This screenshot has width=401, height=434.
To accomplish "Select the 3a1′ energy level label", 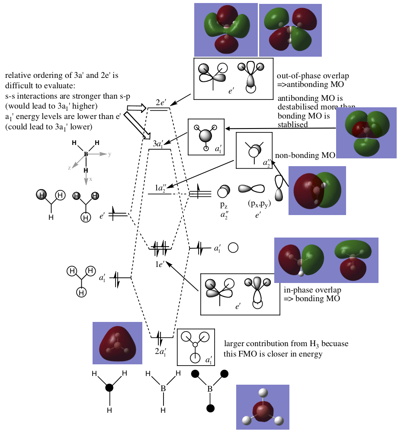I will (159, 144).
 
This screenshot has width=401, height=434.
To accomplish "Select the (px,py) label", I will (258, 203).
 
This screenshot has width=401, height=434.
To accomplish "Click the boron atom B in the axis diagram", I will (86, 154).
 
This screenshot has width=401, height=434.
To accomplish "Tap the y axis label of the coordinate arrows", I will (110, 154).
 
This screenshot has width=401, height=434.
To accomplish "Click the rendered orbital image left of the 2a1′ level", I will (117, 343).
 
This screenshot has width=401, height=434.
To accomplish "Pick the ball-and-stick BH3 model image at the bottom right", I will (263, 407).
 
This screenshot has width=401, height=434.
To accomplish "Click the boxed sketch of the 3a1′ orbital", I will (206, 137).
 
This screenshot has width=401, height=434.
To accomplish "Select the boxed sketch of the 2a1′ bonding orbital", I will (196, 347).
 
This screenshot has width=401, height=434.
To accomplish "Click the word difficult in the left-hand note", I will (18, 84).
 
